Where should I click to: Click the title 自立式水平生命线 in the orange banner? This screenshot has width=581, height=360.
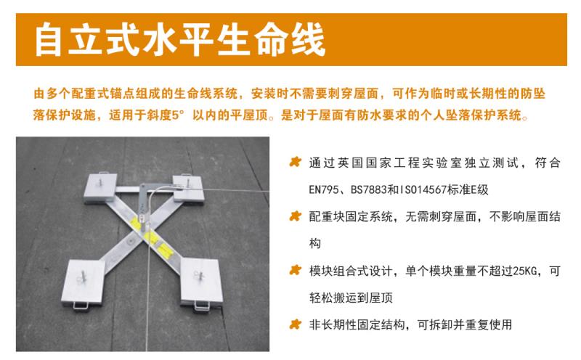pyautogui.click(x=180, y=40)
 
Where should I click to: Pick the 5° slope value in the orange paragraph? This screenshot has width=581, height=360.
pyautogui.click(x=177, y=115)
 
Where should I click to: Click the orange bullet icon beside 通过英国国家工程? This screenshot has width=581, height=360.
pyautogui.click(x=296, y=163)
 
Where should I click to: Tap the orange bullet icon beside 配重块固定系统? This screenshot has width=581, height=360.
pyautogui.click(x=296, y=216)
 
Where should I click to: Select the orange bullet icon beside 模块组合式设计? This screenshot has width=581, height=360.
pyautogui.click(x=296, y=271)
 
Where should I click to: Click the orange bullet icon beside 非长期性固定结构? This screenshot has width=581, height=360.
pyautogui.click(x=296, y=324)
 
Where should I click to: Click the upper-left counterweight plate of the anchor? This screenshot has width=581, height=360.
pyautogui.click(x=100, y=187)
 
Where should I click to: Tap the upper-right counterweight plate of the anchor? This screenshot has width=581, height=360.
pyautogui.click(x=188, y=188)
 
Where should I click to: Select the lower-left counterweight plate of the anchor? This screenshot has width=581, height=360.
pyautogui.click(x=84, y=283)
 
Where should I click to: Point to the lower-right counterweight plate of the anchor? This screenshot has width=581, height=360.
pyautogui.click(x=201, y=282)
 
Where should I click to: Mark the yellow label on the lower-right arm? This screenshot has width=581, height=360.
pyautogui.click(x=166, y=250)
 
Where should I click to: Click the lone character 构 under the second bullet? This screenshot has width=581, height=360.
pyautogui.click(x=314, y=244)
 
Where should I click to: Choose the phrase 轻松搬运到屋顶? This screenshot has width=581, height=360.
pyautogui.click(x=351, y=298)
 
